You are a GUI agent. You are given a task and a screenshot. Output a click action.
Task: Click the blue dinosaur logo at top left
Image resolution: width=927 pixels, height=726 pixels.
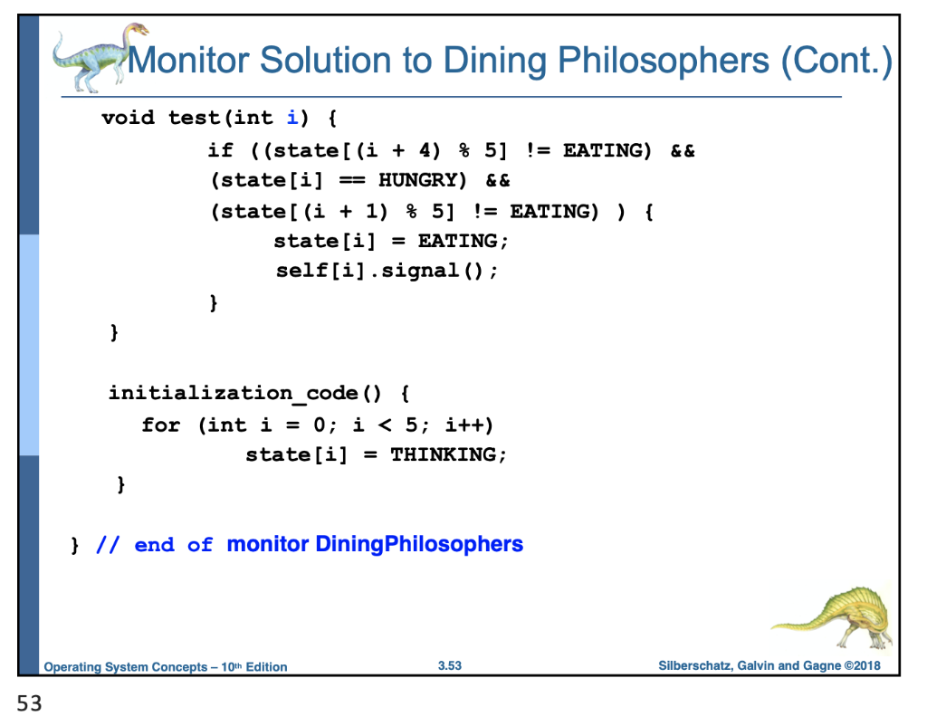click(x=91, y=56)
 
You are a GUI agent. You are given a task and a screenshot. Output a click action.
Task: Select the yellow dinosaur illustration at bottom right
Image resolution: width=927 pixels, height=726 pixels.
click(x=833, y=616)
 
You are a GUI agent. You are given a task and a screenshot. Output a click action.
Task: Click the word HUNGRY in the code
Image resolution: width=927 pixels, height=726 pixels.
click(x=423, y=180)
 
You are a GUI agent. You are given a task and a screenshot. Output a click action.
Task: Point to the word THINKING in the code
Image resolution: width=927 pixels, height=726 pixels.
click(x=443, y=454)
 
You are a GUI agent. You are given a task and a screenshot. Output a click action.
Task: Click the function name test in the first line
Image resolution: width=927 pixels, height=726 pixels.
click(x=194, y=118)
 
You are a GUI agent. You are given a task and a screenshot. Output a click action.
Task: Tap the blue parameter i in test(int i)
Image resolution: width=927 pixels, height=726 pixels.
click(x=291, y=118)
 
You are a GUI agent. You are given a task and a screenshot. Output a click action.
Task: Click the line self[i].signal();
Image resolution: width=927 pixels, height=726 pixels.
click(x=387, y=270)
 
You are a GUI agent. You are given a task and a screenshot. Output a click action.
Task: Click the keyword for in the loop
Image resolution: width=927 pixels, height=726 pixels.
click(x=160, y=425)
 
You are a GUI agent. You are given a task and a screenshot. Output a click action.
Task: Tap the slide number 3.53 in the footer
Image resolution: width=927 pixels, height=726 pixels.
click(x=450, y=666)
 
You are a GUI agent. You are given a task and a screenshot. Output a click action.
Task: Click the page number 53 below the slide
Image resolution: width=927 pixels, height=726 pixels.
click(x=29, y=704)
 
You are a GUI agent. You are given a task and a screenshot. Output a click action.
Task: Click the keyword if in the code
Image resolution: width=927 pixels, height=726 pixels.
click(x=220, y=150)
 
